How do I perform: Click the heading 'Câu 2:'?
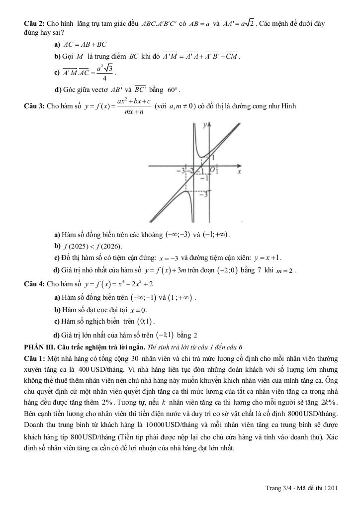pos(34,23)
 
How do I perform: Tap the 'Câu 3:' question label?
pos(34,106)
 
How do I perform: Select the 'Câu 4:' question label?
pos(34,284)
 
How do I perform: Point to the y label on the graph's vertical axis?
pos(204,127)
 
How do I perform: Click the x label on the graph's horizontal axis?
pos(239,171)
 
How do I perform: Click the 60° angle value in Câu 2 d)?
pos(173,90)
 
